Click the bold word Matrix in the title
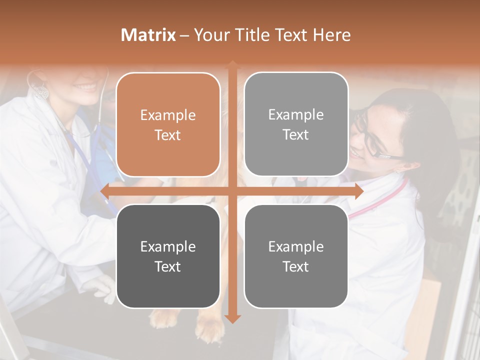coord(148,35)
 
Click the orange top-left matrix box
coord(168,90)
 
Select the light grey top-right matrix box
coord(296,90)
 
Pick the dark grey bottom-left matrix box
coord(168,290)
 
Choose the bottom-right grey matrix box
coord(296,290)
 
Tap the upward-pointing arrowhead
coord(232,64)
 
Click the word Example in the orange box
coord(168,115)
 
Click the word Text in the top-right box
coord(296,135)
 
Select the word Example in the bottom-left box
coord(168,246)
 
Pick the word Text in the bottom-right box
coord(296,266)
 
